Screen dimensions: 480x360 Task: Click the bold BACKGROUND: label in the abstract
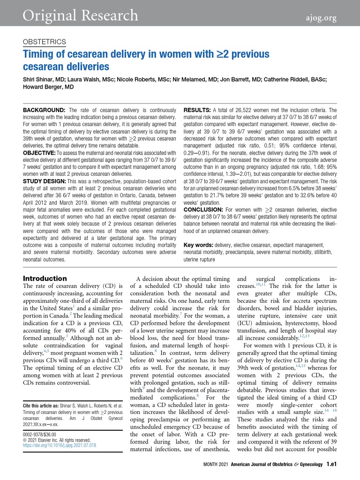pyautogui.click(x=45, y=110)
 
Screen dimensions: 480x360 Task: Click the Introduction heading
pyautogui.click(x=45, y=278)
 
